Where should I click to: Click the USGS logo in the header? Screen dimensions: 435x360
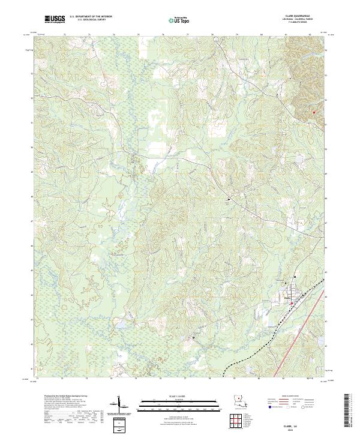point(55,19)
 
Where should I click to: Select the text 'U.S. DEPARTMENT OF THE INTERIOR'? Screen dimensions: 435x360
point(91,16)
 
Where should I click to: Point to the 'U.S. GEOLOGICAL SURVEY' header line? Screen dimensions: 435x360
point(91,20)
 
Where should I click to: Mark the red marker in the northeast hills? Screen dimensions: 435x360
point(313,112)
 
